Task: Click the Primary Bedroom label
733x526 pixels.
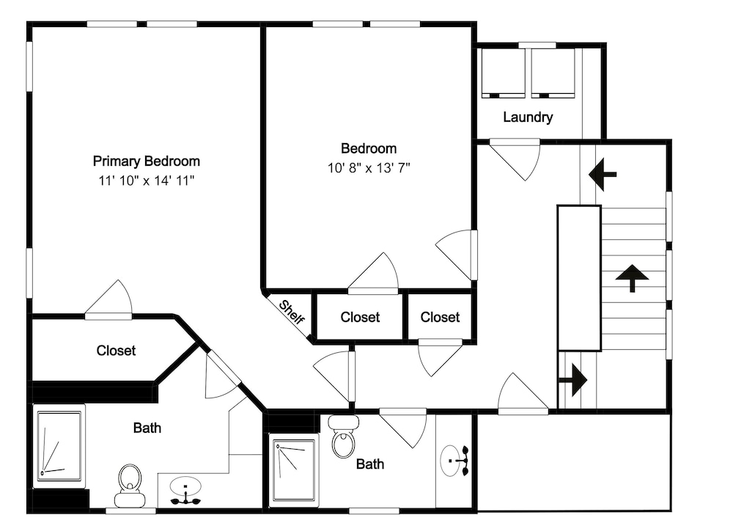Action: pyautogui.click(x=147, y=161)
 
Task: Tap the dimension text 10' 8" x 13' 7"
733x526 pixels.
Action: pyautogui.click(x=369, y=168)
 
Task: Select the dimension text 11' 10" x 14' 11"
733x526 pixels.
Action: pyautogui.click(x=147, y=180)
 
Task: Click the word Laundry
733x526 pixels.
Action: pyautogui.click(x=528, y=117)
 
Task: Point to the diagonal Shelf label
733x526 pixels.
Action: pyautogui.click(x=292, y=312)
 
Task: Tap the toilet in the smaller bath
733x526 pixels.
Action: pyautogui.click(x=344, y=436)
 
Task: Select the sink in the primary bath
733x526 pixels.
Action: pyautogui.click(x=185, y=491)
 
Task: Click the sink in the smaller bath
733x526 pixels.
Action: pyautogui.click(x=454, y=461)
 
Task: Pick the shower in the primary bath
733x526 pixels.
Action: pyautogui.click(x=59, y=446)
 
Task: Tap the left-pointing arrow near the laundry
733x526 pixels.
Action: pyautogui.click(x=603, y=175)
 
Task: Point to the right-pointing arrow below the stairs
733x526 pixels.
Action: pyautogui.click(x=573, y=380)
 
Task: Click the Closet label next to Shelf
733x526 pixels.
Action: pyautogui.click(x=360, y=317)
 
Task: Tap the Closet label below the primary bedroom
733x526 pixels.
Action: pyautogui.click(x=116, y=351)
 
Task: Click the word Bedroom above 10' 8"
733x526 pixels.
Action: pyautogui.click(x=369, y=149)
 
